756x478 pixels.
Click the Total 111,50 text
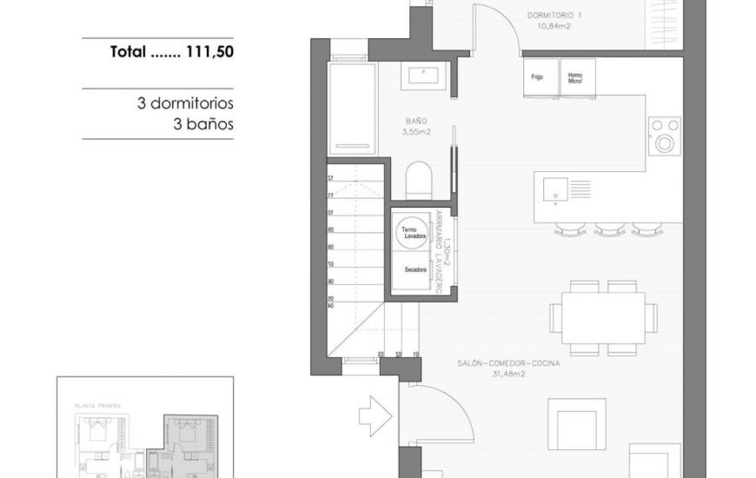pos(172,51)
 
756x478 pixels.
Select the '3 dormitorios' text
pos(185,103)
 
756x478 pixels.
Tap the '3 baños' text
pos(203,124)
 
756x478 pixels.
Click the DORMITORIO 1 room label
pos(555,16)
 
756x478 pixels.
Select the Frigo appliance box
pos(538,76)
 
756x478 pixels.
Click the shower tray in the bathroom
pos(351,107)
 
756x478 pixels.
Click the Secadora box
pos(415,270)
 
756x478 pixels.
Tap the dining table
pos(604,317)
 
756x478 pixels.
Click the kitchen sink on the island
pos(553,187)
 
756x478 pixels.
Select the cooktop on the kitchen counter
pos(665,136)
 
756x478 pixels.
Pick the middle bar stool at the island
pos(609,229)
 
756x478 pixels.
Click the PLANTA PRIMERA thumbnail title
pos(98,405)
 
